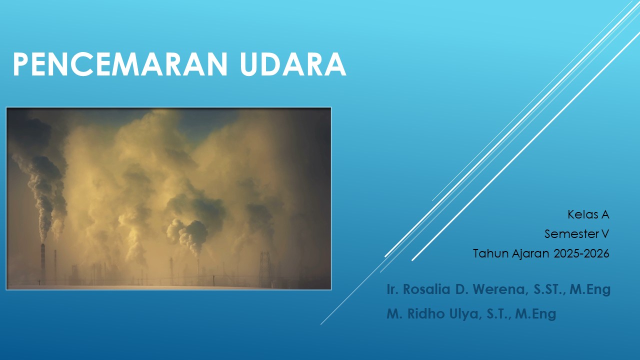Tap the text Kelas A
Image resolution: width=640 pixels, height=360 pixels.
point(588,214)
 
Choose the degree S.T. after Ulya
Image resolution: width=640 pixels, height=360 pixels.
point(497,314)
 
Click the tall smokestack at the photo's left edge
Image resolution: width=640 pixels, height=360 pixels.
point(43,262)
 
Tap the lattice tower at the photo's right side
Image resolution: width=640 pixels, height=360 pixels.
point(264,268)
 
